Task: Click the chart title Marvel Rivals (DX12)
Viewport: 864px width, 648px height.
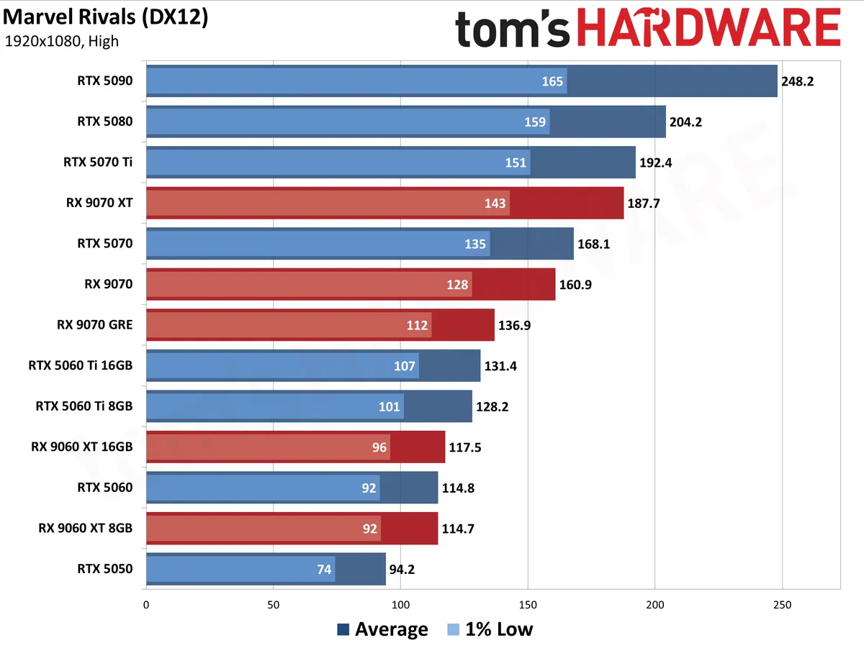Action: [x=106, y=18]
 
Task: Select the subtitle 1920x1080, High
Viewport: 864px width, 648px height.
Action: [x=61, y=41]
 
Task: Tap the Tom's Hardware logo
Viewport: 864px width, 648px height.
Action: [x=647, y=27]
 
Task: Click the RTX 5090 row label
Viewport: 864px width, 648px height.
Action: [x=104, y=81]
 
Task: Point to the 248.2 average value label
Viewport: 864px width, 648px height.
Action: [x=797, y=81]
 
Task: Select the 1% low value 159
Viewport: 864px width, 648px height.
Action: [x=534, y=122]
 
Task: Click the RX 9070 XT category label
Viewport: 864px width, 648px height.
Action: [x=99, y=203]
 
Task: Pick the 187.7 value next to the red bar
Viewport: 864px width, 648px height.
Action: [x=643, y=204]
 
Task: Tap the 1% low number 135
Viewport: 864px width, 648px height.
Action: [x=475, y=245]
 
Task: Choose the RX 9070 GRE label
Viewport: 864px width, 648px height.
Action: [x=95, y=325]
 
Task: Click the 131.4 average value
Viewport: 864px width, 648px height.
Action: [x=500, y=366]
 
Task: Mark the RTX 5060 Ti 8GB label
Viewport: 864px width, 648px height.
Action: [x=84, y=406]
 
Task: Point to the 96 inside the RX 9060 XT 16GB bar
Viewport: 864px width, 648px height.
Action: [x=379, y=447]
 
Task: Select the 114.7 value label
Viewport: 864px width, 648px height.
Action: [x=458, y=529]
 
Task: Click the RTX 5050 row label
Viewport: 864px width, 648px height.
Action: [x=104, y=569]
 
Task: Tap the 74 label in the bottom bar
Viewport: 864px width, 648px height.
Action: [x=324, y=570]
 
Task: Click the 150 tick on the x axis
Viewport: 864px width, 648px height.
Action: [x=528, y=605]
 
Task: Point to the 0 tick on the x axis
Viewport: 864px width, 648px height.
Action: [x=146, y=605]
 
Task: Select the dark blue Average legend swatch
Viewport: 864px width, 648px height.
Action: [x=343, y=629]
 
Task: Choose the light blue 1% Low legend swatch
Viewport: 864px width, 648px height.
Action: [x=453, y=629]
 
